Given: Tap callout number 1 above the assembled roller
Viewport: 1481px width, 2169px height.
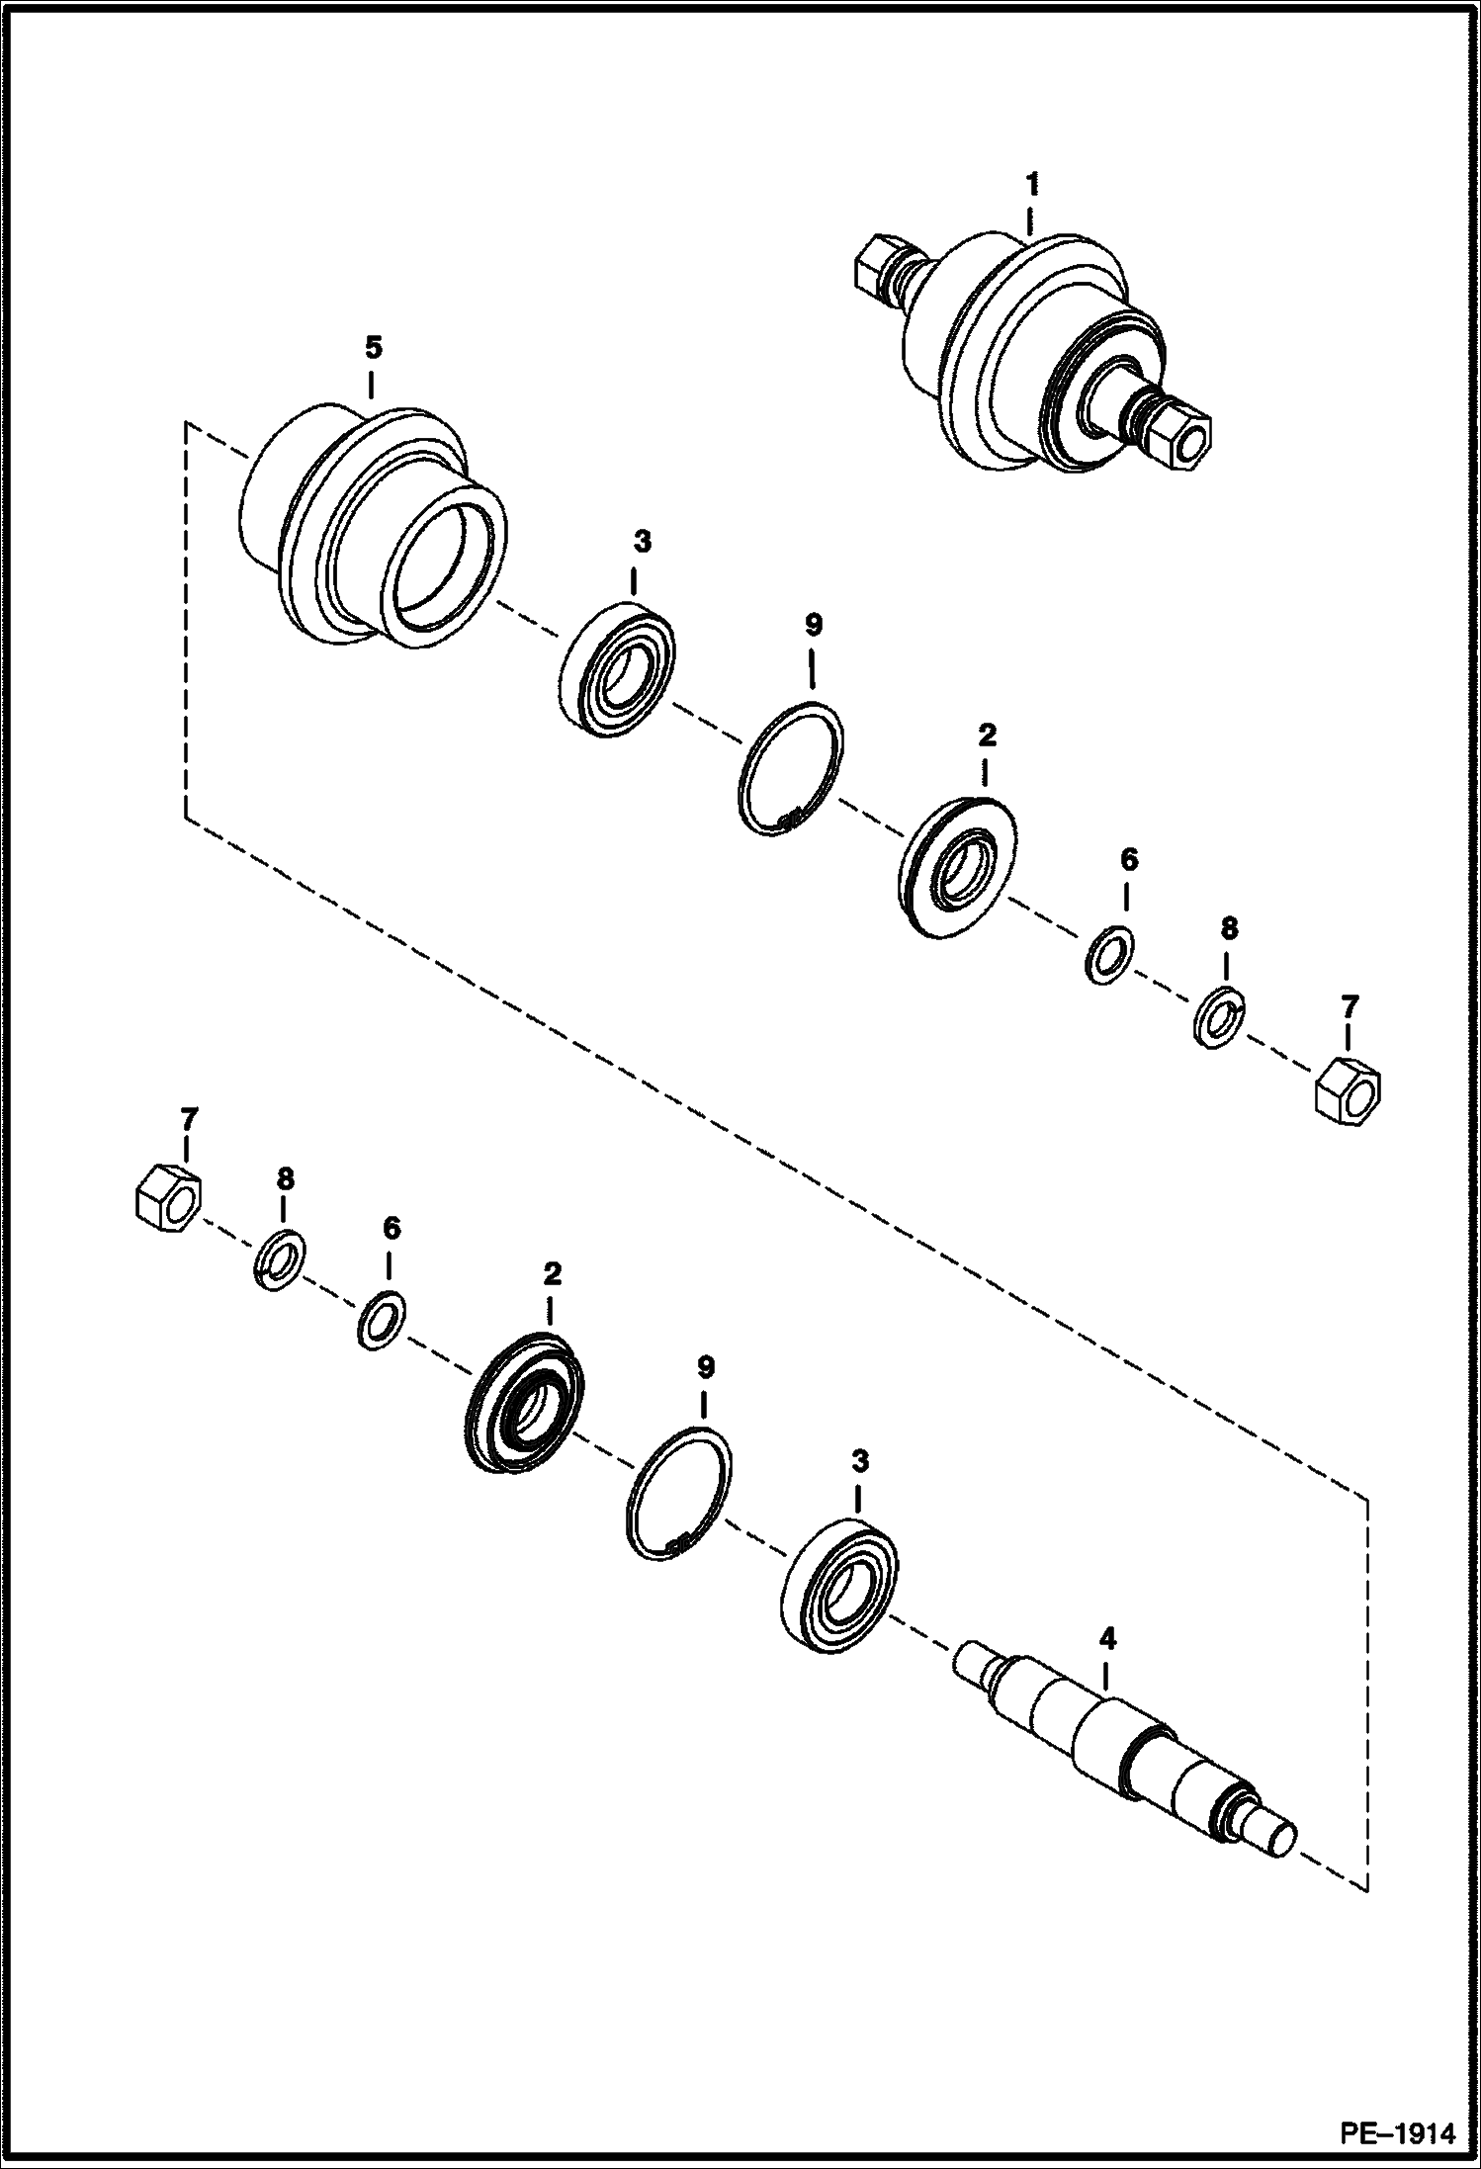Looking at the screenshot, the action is click(1032, 185).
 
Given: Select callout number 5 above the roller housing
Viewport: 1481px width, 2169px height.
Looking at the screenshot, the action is click(372, 348).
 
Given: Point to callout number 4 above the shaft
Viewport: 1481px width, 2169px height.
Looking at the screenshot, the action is click(1107, 1640).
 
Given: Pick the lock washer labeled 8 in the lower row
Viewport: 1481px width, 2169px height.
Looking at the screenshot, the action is click(280, 1262).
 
